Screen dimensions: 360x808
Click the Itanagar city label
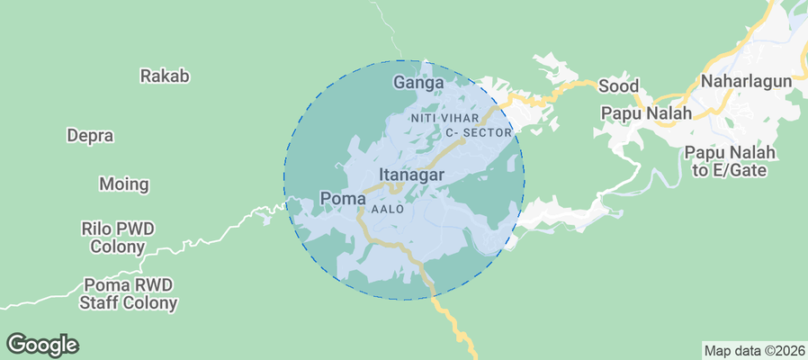click(x=411, y=175)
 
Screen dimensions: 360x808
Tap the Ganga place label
click(x=419, y=83)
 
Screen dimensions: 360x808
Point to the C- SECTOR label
click(x=479, y=133)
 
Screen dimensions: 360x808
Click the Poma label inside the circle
click(x=343, y=198)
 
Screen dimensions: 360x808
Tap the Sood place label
click(x=619, y=86)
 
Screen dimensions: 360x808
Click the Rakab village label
click(x=165, y=76)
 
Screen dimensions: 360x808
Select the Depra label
click(x=90, y=136)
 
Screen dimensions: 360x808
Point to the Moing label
click(x=123, y=184)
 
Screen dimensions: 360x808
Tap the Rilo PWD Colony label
click(x=117, y=238)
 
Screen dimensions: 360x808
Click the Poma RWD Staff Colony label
click(x=128, y=293)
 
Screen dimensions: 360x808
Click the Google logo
click(x=42, y=344)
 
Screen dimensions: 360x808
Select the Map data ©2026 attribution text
click(x=753, y=350)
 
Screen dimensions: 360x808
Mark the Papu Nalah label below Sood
click(x=647, y=113)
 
